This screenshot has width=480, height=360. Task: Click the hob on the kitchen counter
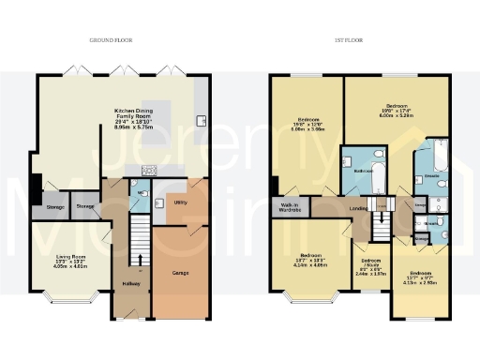point(149,170)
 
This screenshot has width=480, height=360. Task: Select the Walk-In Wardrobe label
point(288,208)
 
